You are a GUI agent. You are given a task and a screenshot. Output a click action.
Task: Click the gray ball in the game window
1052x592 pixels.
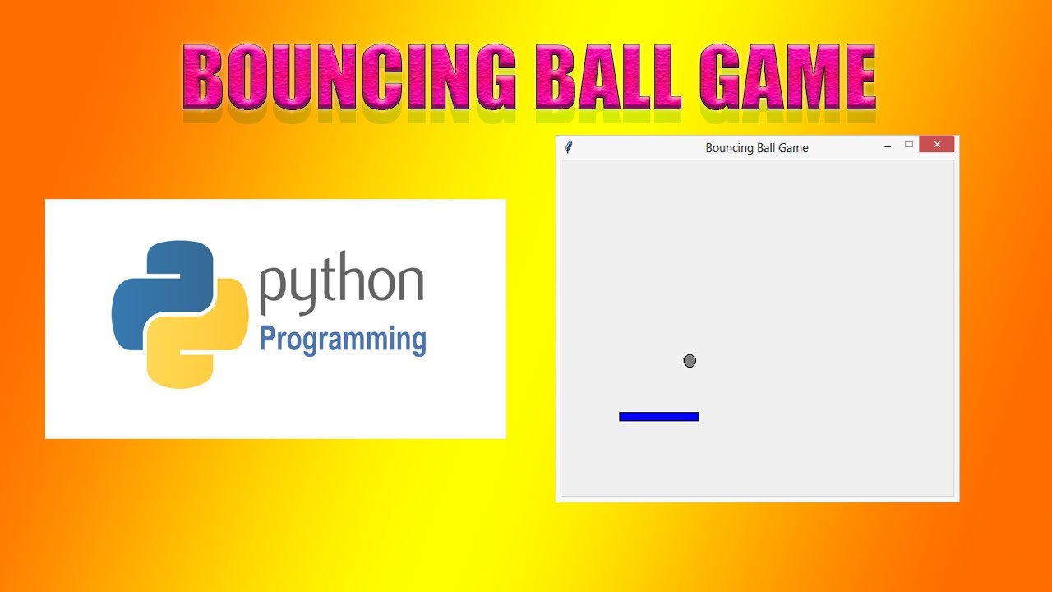point(690,361)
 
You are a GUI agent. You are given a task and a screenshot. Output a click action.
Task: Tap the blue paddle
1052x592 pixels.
point(658,417)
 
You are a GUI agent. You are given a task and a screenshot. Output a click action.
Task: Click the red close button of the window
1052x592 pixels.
point(936,145)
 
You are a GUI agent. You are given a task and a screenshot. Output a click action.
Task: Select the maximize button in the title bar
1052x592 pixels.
point(909,145)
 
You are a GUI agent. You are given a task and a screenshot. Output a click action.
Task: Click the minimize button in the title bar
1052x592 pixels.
point(888,146)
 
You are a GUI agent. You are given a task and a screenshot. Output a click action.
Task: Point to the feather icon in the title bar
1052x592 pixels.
point(569,147)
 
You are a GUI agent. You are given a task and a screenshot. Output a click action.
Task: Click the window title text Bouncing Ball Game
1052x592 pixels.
point(757,148)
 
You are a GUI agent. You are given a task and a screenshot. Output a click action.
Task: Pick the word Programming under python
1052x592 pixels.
point(343,339)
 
